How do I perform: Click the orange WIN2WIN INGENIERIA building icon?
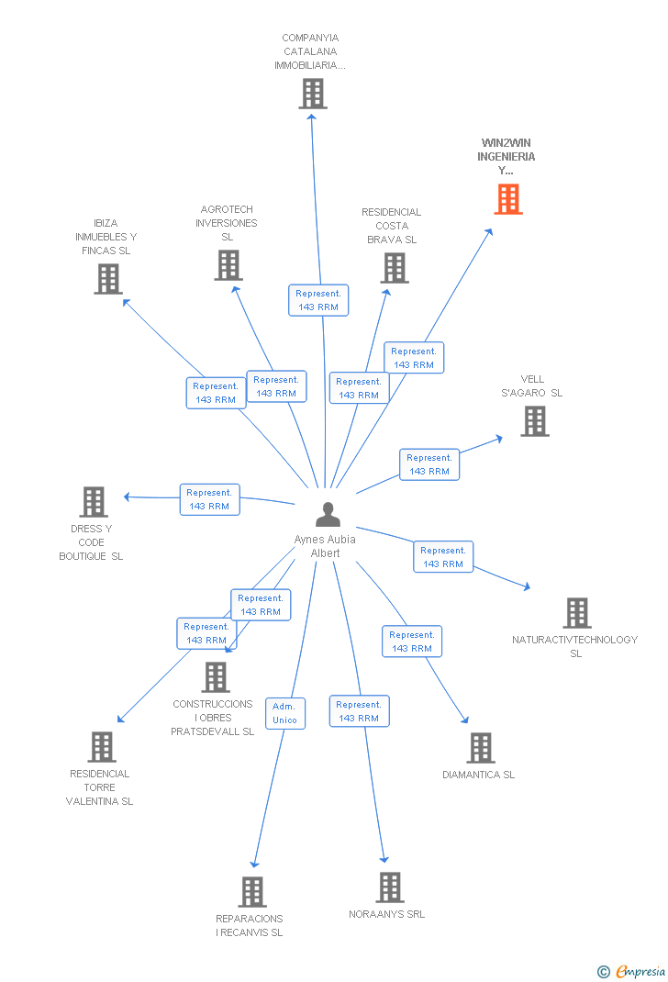508,199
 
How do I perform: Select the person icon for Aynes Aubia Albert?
327,515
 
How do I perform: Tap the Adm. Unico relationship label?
284,713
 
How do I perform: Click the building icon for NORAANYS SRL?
390,887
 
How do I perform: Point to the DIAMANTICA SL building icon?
480,748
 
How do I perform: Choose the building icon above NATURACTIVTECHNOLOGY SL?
576,613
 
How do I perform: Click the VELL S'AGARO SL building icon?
534,421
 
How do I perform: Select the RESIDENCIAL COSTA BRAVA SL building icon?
395,268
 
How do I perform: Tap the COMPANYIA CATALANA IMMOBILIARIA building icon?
312,94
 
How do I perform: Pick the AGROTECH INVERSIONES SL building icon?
228,265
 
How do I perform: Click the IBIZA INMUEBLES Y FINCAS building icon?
107,279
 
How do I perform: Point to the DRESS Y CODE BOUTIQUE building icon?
94,502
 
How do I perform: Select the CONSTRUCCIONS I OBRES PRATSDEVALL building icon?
215,677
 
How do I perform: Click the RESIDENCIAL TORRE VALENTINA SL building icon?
102,747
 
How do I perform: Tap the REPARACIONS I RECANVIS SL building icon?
251,891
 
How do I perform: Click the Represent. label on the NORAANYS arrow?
358,711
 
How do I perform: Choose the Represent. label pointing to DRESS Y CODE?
209,499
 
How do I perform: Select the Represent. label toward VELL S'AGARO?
429,464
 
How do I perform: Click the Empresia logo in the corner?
632,971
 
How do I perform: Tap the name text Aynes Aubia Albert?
325,546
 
